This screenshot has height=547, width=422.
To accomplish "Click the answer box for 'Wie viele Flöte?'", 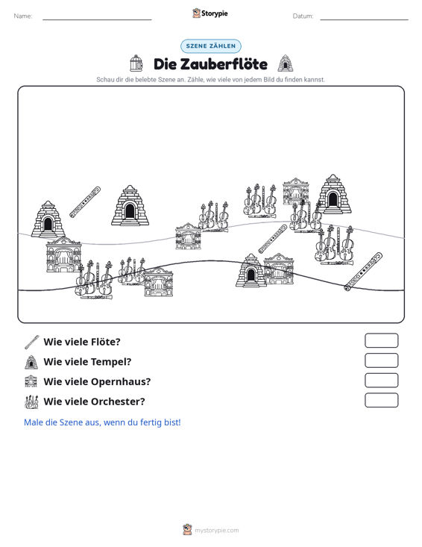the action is point(381,340).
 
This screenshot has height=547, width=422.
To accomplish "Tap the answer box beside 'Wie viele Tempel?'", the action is point(381,360).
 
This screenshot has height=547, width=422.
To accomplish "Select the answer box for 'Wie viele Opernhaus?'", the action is point(381,381).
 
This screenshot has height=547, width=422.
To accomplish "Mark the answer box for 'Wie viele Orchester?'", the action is point(381,400).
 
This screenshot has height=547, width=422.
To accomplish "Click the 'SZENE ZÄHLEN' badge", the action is point(211,46).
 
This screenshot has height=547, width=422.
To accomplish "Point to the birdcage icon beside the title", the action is point(136,63).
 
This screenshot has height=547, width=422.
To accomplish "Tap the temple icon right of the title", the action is point(286,63).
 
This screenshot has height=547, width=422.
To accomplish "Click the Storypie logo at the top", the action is point(210,13).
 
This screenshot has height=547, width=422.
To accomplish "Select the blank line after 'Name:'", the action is point(97,19).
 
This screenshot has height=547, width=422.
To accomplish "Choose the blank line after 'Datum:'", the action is point(364,19).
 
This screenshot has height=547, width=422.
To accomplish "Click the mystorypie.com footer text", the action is point(217,531).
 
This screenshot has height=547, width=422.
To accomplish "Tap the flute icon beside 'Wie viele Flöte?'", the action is point(32,342).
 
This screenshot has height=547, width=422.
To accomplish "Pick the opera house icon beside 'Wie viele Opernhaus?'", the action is point(31,381).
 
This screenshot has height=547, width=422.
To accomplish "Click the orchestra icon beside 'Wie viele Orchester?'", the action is point(31,402).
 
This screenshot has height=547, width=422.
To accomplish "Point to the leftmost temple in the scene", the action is point(48,219).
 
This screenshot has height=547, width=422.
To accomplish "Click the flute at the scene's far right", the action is point(363,272).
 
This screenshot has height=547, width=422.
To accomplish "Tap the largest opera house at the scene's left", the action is point(63,254).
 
